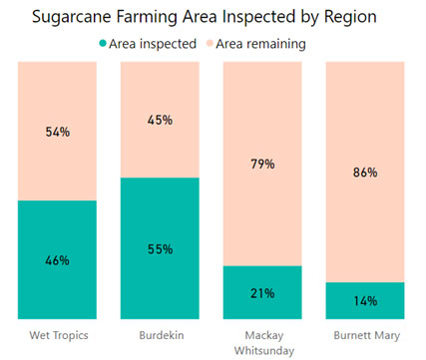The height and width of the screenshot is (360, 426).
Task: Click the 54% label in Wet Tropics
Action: [x=57, y=133]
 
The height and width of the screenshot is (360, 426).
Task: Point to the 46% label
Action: [x=57, y=260]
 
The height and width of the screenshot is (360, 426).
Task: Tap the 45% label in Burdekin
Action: [x=160, y=121]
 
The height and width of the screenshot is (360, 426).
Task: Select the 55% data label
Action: [x=160, y=248]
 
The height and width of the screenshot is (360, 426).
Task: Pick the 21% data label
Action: [x=261, y=292]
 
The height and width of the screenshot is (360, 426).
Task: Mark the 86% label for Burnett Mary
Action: [x=364, y=173]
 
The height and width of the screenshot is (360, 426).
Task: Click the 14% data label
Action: [x=364, y=301]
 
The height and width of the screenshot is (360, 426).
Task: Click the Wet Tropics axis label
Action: [x=57, y=332]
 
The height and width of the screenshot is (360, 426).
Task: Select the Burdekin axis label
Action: [x=160, y=332]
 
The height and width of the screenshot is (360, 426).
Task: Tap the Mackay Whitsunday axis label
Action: [x=261, y=339]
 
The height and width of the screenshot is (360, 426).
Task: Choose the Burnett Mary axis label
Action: [x=364, y=332]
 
